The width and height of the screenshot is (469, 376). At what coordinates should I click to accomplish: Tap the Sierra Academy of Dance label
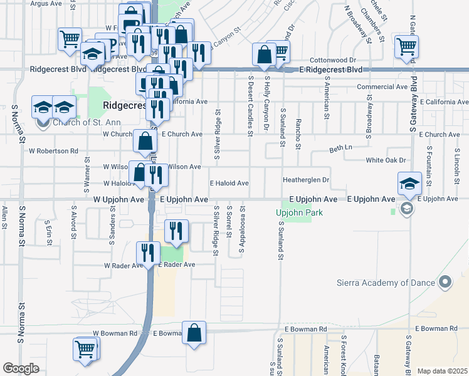386,283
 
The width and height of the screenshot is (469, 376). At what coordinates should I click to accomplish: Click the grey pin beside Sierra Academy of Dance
446,283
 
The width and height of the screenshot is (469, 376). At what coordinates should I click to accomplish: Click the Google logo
21,368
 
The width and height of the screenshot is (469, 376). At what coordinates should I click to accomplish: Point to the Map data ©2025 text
442,371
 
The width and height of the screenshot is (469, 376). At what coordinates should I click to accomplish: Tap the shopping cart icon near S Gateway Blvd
407,46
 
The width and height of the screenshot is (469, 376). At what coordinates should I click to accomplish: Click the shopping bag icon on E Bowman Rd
194,333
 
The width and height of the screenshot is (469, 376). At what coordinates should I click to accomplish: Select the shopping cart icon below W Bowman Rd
86,349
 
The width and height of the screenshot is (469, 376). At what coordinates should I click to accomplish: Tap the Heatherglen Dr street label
306,180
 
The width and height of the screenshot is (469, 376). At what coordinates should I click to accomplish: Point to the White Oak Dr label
386,160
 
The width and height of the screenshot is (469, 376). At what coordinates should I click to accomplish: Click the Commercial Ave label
382,87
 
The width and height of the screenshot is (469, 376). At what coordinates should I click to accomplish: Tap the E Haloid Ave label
229,183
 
